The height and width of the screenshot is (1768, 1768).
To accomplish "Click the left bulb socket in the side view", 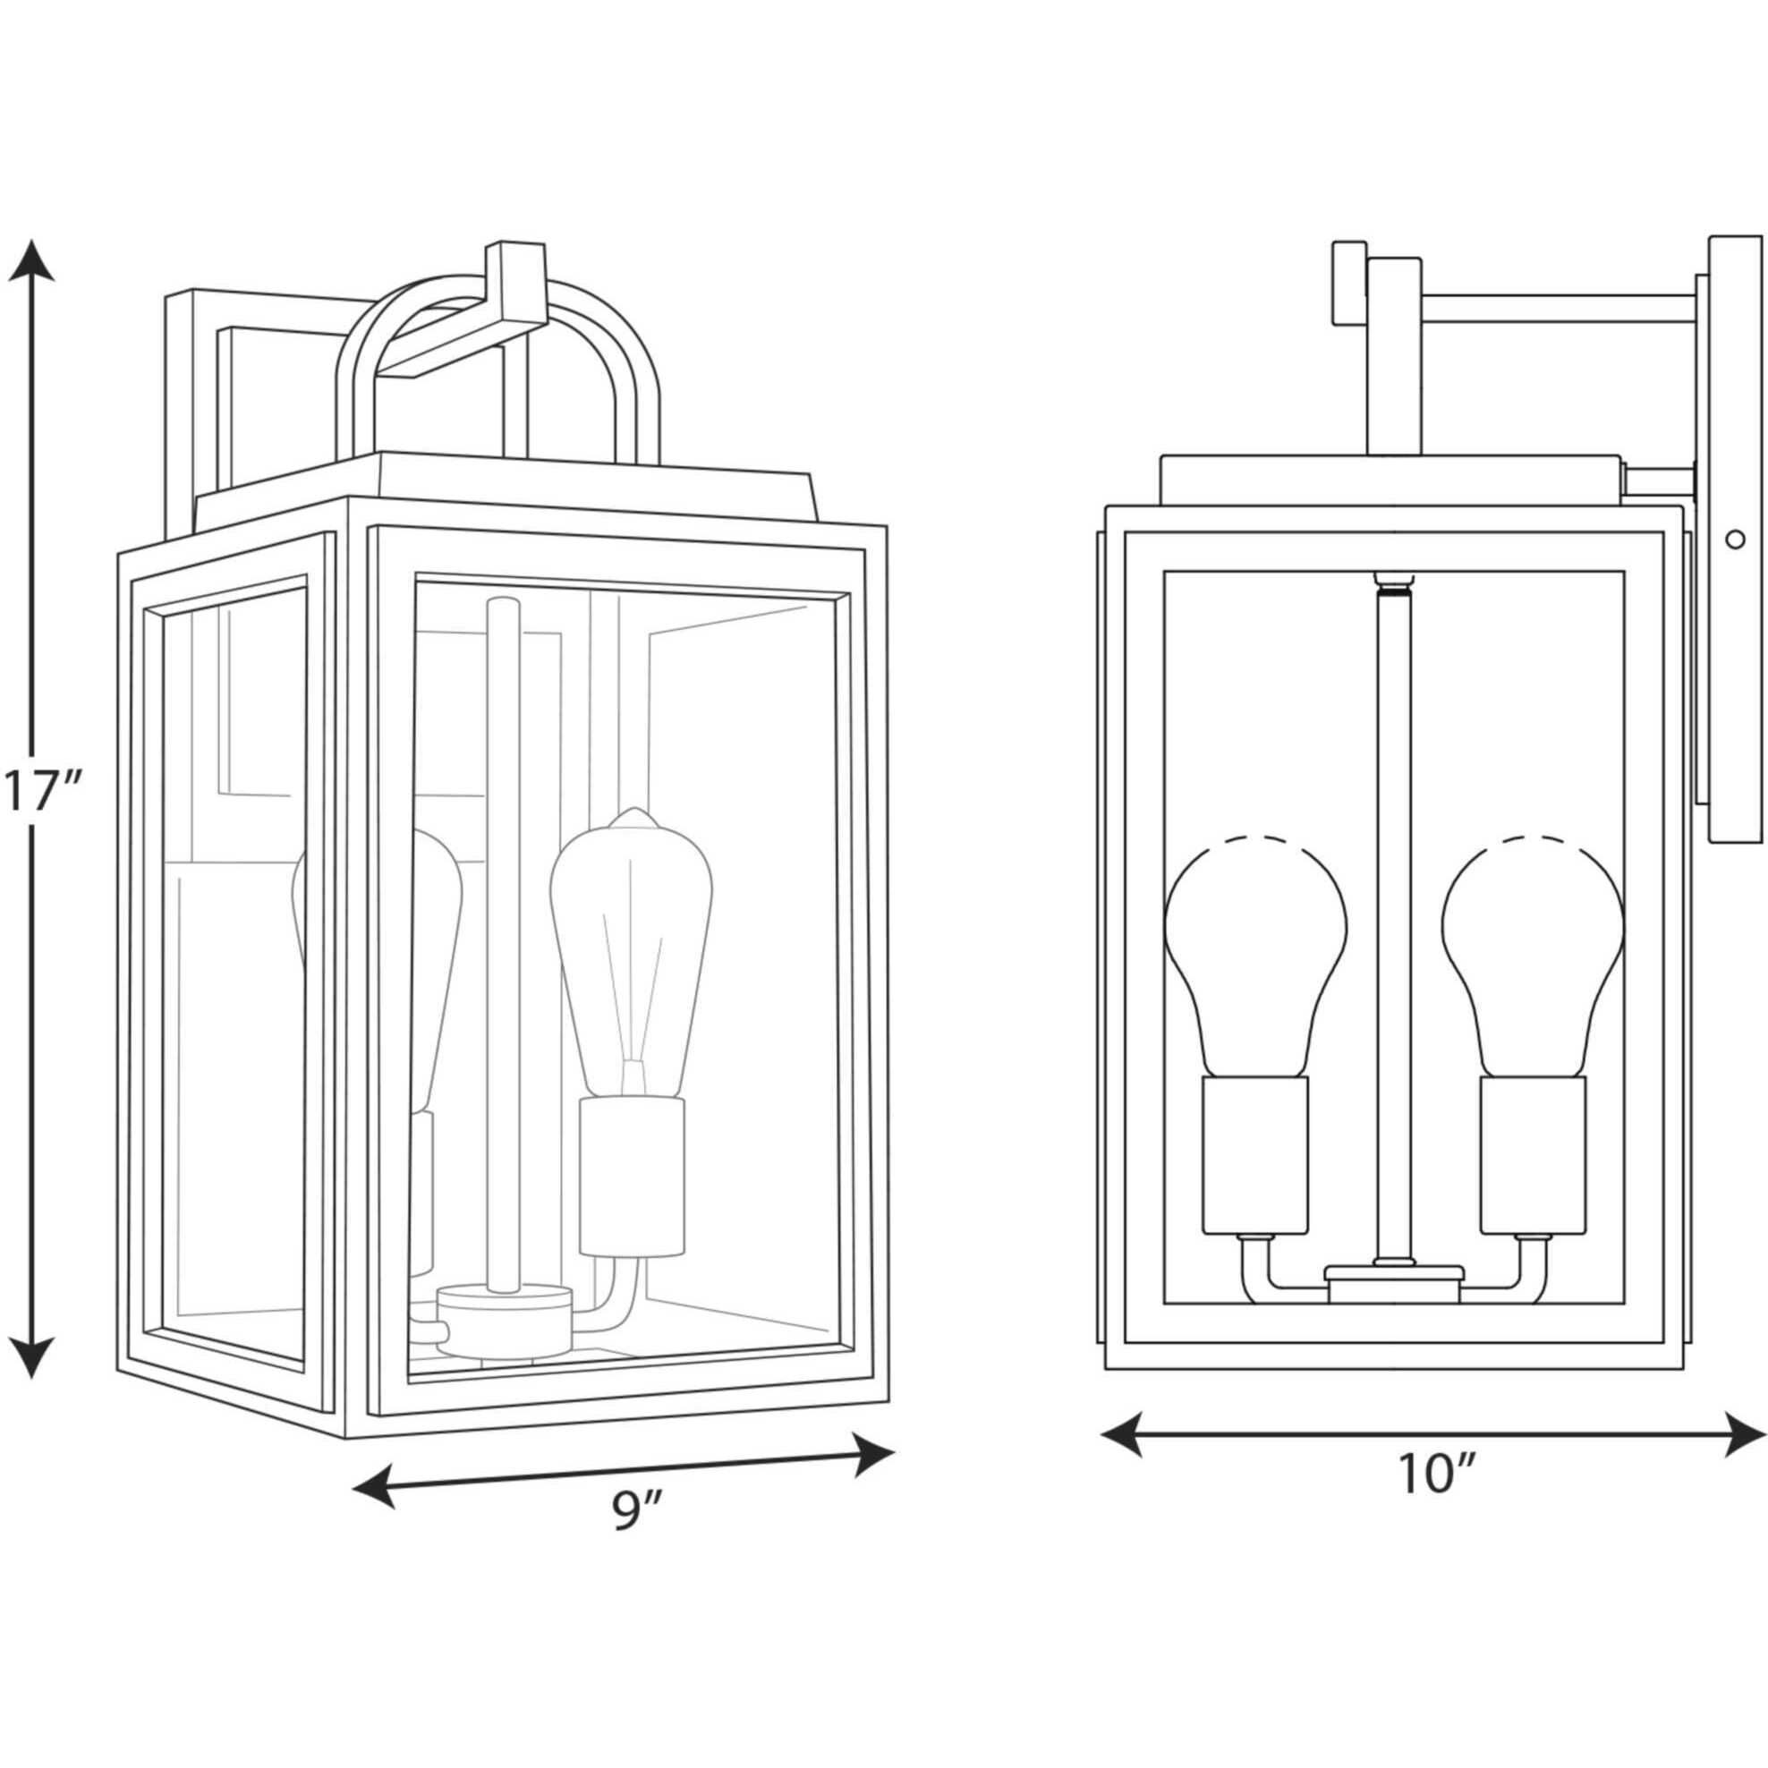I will point(1255,1155).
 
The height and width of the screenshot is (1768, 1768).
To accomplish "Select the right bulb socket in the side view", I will point(1533,1155).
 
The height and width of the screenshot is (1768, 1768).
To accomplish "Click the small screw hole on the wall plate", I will point(1733,540).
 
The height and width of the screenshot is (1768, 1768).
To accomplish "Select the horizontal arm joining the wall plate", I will point(1556,309).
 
